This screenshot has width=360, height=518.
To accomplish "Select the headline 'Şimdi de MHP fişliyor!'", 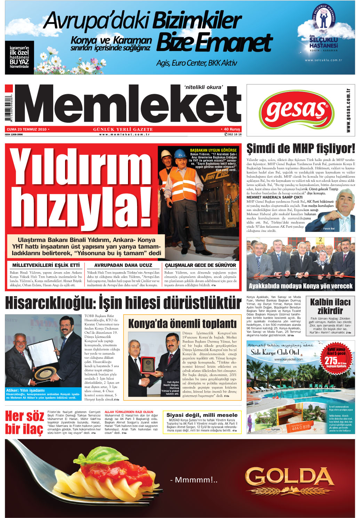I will (x=301, y=148).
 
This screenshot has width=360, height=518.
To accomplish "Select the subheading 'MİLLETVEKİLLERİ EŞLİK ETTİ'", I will (x=46, y=265).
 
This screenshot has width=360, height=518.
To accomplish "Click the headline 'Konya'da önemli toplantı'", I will (x=182, y=324).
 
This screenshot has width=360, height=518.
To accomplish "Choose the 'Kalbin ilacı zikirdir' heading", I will (x=330, y=306).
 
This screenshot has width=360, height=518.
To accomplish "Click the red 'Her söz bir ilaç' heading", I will (x=24, y=422).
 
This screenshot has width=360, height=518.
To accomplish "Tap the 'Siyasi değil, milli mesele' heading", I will (x=202, y=415).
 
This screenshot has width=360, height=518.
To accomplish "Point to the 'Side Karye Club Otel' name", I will (x=275, y=352).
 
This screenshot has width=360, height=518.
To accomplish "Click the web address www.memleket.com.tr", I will (x=124, y=135).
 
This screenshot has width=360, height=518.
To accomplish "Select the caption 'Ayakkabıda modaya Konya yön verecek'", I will (x=301, y=286).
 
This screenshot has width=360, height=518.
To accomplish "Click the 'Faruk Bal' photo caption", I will (x=328, y=229).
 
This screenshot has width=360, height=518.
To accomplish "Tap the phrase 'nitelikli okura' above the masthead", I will (x=203, y=87).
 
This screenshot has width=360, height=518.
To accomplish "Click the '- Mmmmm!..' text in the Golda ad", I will (x=194, y=480).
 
